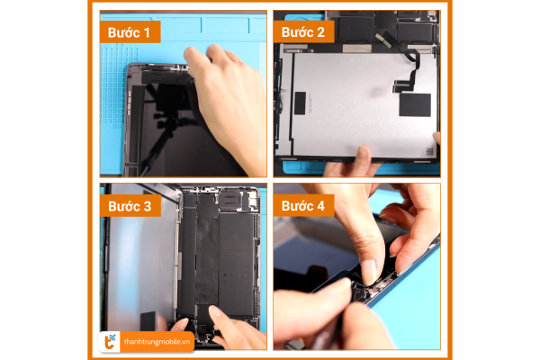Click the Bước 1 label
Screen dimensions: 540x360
pos(130,32)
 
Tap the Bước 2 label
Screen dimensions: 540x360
pos(303,31)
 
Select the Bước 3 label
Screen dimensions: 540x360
pos(130,206)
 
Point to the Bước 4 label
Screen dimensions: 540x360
pos(303,205)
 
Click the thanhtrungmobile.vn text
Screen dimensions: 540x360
pos(157,342)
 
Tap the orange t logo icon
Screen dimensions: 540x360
pos(110,341)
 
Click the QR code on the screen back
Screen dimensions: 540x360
pos(429,151)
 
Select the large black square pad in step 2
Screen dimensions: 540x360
pos(415,104)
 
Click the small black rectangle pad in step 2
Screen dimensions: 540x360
pos(300,103)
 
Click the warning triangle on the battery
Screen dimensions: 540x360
pos(236,236)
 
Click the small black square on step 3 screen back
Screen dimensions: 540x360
pos(148,321)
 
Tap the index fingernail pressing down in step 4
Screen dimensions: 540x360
pos(368,272)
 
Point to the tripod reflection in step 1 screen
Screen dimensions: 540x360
pos(161,124)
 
